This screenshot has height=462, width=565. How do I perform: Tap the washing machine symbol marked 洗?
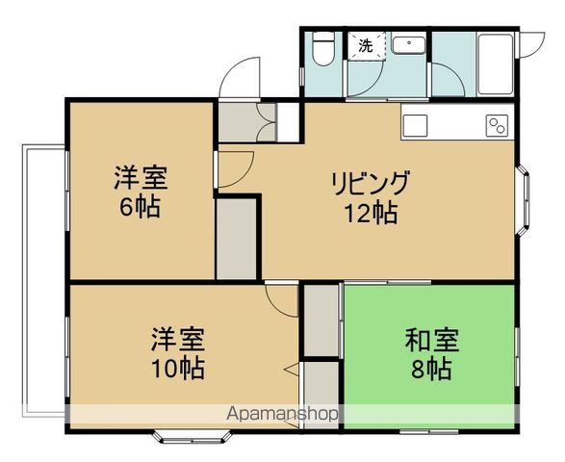tap(366, 45)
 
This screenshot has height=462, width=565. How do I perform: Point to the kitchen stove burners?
tap(498, 125)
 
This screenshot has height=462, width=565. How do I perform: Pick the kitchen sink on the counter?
tap(416, 123)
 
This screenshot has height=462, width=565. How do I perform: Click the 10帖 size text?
tap(176, 368)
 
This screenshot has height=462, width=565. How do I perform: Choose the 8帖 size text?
tap(431, 368)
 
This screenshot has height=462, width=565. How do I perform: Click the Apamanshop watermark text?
tap(282, 415)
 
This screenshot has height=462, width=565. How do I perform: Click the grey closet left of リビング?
tap(237, 238)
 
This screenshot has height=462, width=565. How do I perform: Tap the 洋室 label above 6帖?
tap(141, 178)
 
